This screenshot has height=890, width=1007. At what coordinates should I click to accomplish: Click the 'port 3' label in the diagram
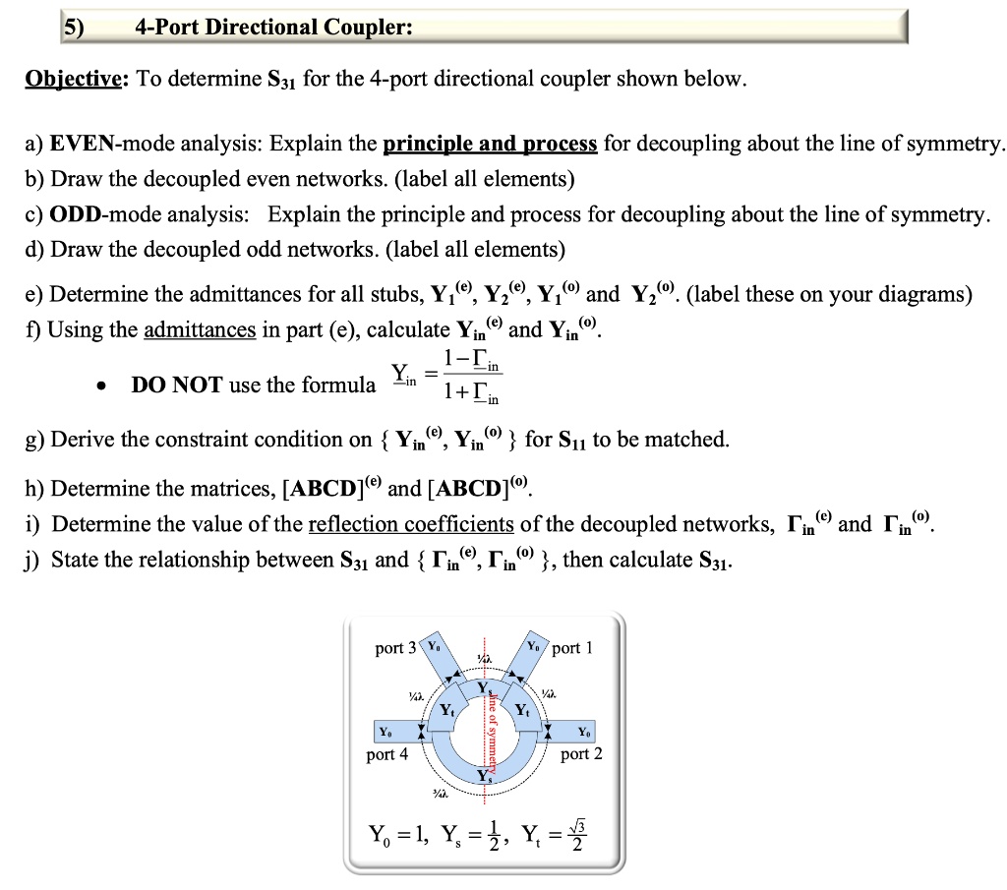point(396,648)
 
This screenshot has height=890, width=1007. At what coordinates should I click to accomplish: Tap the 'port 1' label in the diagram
point(572,648)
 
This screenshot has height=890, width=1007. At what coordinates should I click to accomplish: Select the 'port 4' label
point(386,754)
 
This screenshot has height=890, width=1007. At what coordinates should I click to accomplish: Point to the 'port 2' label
point(582,754)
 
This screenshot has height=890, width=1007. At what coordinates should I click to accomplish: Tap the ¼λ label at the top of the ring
point(483,658)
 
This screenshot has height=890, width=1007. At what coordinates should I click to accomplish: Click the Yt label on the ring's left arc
point(447,709)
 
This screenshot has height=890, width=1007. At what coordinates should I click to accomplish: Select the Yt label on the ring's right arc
point(523,709)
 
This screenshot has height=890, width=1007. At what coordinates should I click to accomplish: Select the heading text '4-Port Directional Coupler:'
point(273,27)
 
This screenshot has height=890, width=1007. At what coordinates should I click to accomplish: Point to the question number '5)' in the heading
point(75,27)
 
